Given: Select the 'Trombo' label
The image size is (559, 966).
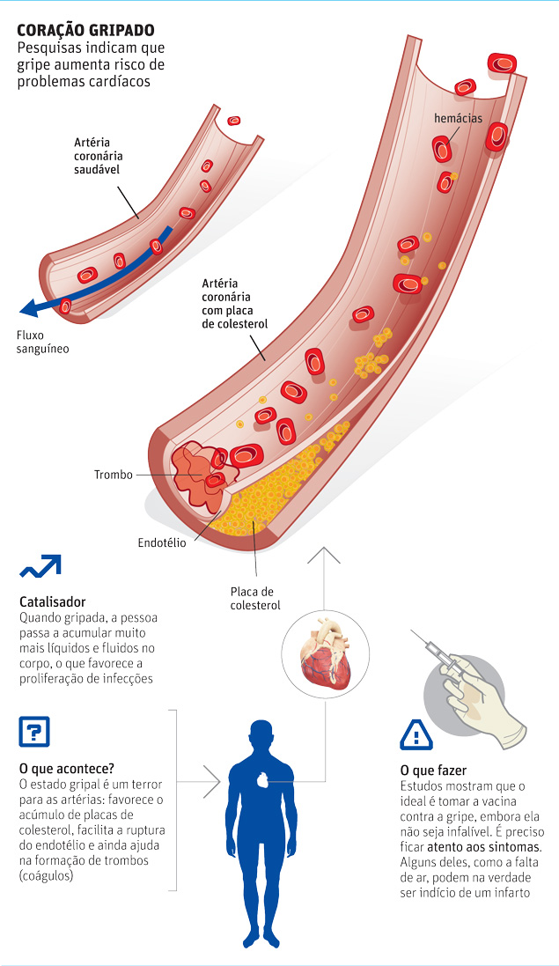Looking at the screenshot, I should click(114, 476).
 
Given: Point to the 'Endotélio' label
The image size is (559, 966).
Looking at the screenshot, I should click(162, 543).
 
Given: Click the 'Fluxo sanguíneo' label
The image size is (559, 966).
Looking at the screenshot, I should click(42, 342).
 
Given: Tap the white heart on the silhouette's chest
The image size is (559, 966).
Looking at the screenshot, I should click(262, 779).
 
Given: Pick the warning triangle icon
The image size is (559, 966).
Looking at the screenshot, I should click(415, 734).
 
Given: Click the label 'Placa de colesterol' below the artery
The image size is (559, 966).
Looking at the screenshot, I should click(254, 598).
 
